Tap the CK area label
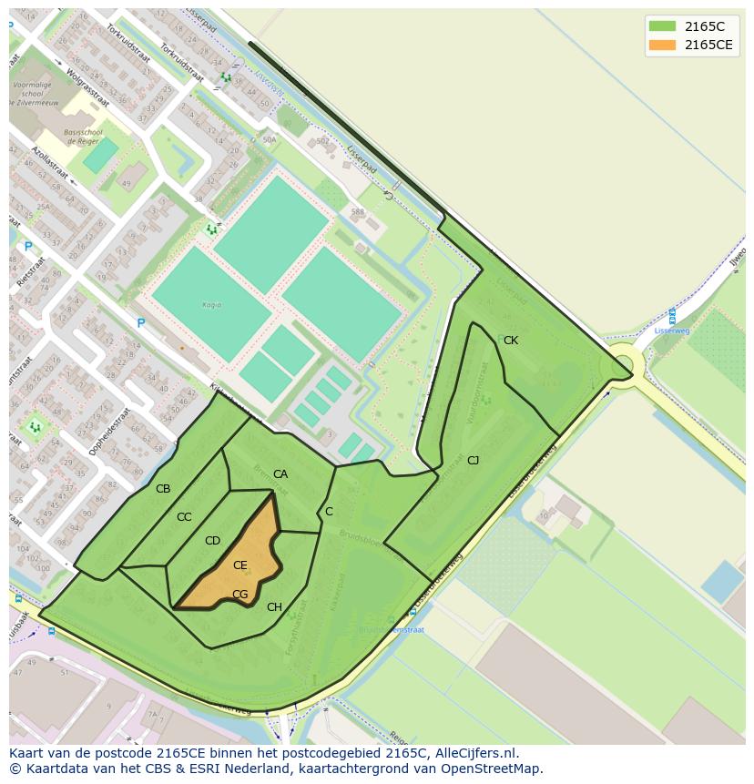pyautogui.click(x=511, y=341)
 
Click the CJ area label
pyautogui.click(x=473, y=461)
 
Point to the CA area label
pyautogui.click(x=280, y=474)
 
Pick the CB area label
pyautogui.click(x=163, y=489)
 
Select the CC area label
pyautogui.click(x=184, y=517)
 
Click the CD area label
pyautogui.click(x=212, y=541)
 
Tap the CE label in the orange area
pyautogui.click(x=239, y=565)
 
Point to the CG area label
pyautogui.click(x=239, y=595)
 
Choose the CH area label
pyautogui.click(x=274, y=607)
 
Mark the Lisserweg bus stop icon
pyautogui.click(x=672, y=316)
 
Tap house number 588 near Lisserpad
pyautogui.click(x=357, y=212)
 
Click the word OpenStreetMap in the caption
pyautogui.click(x=487, y=769)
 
